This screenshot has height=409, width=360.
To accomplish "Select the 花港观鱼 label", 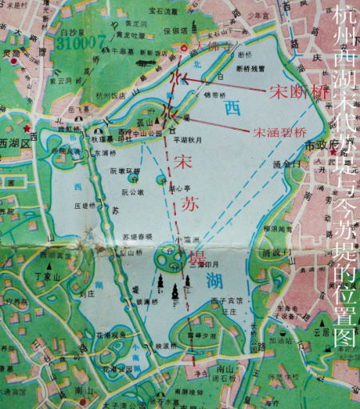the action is [x=110, y=336].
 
